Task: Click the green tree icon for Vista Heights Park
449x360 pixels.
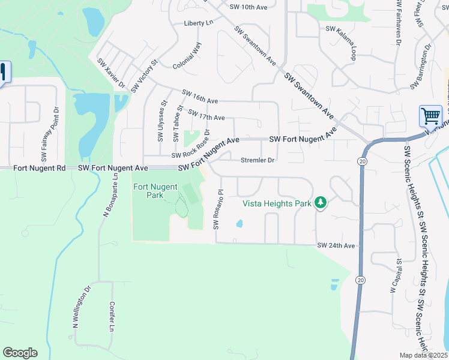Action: tap(321, 203)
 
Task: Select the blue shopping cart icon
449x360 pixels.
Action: tap(430, 116)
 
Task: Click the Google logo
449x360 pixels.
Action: tap(20, 353)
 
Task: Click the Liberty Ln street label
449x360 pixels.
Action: tap(199, 23)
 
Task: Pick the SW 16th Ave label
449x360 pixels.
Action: tap(200, 97)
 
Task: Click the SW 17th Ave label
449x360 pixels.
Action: tap(206, 114)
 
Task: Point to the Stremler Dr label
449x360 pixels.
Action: tap(257, 160)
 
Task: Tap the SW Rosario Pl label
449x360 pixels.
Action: tap(218, 210)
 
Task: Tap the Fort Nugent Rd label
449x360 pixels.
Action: tap(39, 169)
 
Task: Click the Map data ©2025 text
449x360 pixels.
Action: tap(424, 355)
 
